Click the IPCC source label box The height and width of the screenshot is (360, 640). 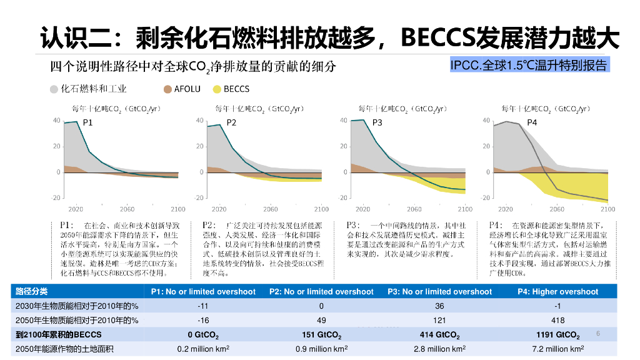(x=528, y=65)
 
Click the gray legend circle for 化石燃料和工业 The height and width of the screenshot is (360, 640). (x=54, y=89)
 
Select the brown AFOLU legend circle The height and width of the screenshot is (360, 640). (x=167, y=89)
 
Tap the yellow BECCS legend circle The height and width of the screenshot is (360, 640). (x=217, y=89)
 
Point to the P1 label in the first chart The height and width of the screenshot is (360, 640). (x=88, y=123)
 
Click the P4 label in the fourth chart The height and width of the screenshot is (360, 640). (x=532, y=123)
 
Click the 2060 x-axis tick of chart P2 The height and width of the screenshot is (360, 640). (x=270, y=209)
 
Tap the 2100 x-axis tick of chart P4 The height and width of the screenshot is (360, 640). (x=607, y=209)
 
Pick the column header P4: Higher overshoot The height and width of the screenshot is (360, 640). (x=557, y=292)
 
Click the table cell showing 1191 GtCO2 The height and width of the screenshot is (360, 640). (x=557, y=335)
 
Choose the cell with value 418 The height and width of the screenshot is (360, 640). (x=557, y=321)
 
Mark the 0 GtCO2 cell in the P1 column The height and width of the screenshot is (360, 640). (x=202, y=335)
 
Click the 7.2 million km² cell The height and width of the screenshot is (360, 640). (x=557, y=349)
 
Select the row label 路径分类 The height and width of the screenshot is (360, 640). (x=31, y=292)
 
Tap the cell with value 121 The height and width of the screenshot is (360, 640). (x=439, y=321)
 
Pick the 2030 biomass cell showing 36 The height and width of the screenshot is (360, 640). (x=439, y=306)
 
